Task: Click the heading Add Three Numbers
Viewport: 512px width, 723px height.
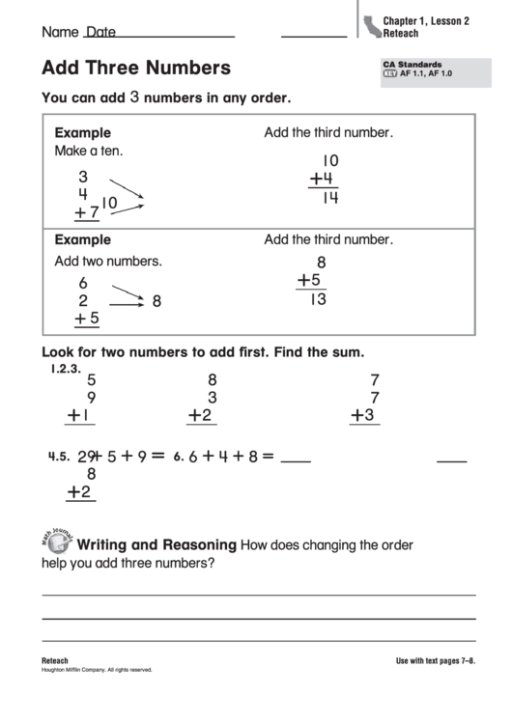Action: point(136,69)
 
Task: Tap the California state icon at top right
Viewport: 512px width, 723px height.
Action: point(370,26)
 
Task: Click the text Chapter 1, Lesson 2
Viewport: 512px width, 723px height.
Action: point(426,20)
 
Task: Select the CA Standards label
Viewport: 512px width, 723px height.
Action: point(412,64)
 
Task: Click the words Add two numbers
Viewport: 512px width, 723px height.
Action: point(108,261)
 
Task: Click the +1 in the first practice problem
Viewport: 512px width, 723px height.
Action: point(79,416)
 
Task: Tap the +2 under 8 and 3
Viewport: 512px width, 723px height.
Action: point(200,416)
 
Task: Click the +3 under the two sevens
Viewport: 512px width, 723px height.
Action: point(361,416)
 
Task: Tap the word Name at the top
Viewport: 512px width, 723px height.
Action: point(59,32)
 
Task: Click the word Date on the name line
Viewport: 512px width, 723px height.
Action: point(100,32)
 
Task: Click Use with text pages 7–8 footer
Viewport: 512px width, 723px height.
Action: point(436,661)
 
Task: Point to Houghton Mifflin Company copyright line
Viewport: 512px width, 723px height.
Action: point(97,670)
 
